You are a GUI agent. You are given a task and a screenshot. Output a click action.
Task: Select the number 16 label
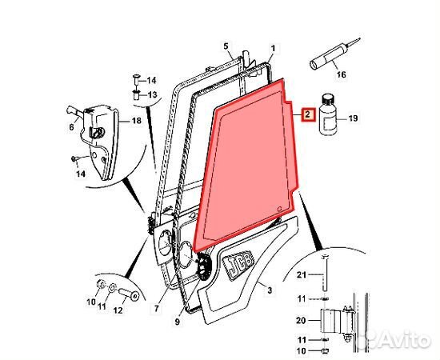(x=341, y=77)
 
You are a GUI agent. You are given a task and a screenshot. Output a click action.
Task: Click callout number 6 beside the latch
(x=72, y=127)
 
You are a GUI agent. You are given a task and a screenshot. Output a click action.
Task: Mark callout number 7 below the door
(x=158, y=308)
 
